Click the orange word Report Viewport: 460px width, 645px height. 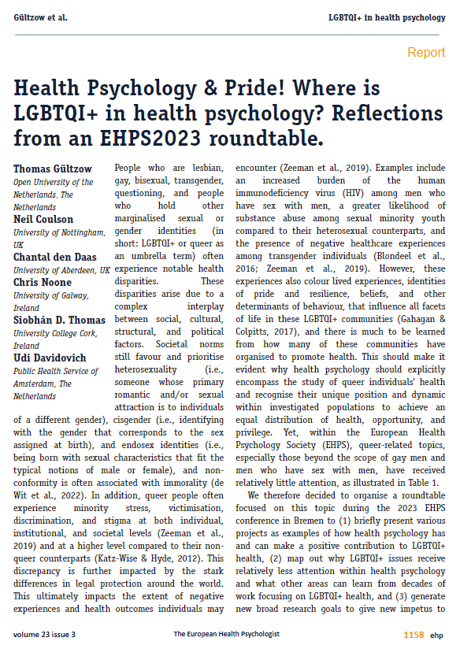pos(425,53)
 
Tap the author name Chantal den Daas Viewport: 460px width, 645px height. pos(54,258)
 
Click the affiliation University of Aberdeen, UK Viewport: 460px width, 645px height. pos(61,270)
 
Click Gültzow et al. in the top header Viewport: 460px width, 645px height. pos(40,17)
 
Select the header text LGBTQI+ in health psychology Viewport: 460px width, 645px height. pos(387,17)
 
